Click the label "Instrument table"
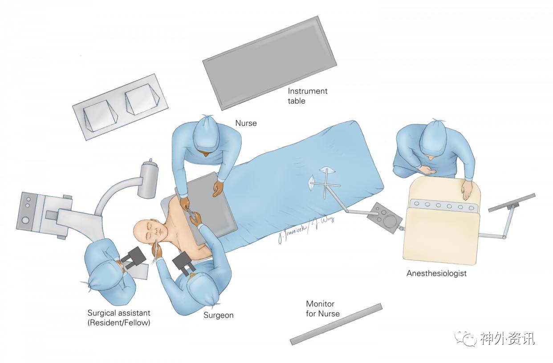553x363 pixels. [x=307, y=96]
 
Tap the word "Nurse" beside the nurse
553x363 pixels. [x=246, y=123]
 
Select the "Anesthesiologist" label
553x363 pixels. [x=436, y=273]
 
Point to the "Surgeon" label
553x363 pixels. [x=218, y=315]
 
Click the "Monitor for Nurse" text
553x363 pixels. [x=322, y=309]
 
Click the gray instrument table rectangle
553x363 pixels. [x=269, y=62]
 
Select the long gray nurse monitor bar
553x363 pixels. [x=336, y=324]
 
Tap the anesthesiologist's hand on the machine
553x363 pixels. [x=466, y=190]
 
